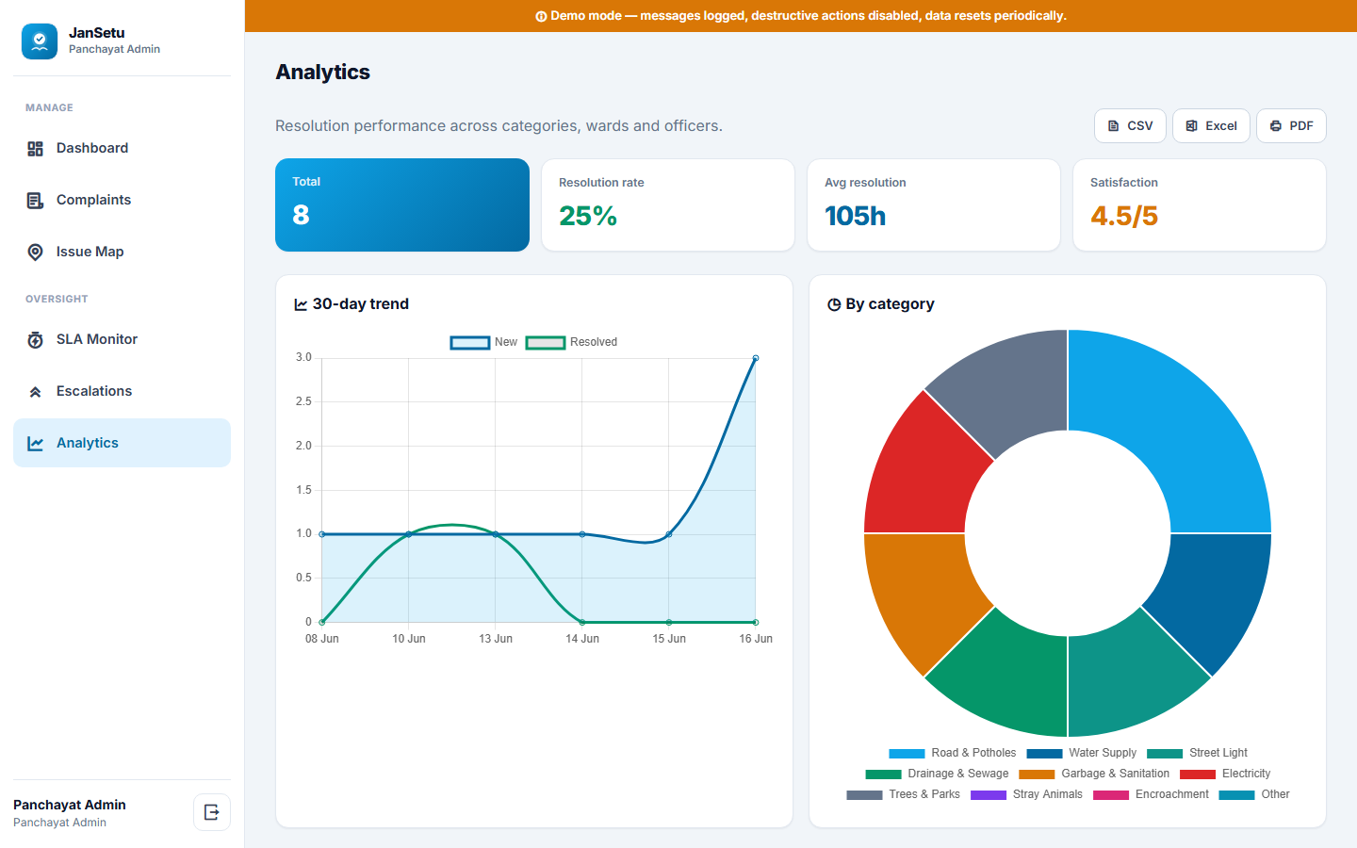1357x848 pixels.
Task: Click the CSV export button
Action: click(x=1130, y=126)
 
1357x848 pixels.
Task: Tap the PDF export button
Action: click(x=1291, y=126)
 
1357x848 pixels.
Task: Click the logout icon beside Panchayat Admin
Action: click(x=211, y=812)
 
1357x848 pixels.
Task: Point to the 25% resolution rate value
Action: click(x=588, y=217)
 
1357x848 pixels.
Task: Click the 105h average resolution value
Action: click(x=855, y=217)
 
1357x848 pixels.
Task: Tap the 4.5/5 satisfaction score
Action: click(x=1123, y=217)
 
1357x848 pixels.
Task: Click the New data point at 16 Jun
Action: click(x=756, y=359)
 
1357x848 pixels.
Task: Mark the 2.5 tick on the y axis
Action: click(x=303, y=401)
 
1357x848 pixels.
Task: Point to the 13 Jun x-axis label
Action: click(x=496, y=639)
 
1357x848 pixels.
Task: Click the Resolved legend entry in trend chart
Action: click(x=572, y=342)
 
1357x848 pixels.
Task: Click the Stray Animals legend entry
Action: click(x=1026, y=794)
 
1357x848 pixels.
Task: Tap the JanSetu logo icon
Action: click(x=40, y=41)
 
